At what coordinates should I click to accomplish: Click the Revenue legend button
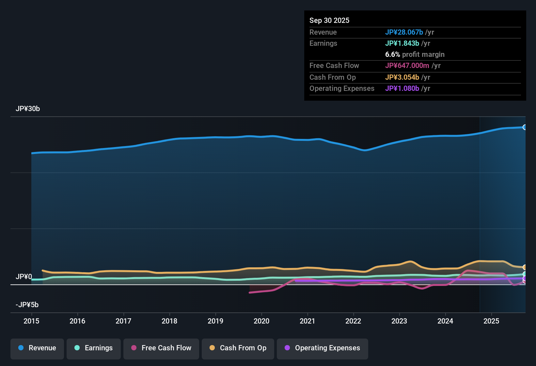pyautogui.click(x=37, y=348)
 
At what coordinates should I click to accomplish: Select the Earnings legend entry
pyautogui.click(x=94, y=348)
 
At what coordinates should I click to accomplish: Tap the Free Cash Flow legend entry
pyautogui.click(x=161, y=348)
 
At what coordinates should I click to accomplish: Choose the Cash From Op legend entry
pyautogui.click(x=238, y=348)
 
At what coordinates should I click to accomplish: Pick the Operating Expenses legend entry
pyautogui.click(x=323, y=348)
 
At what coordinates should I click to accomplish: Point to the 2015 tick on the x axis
pyautogui.click(x=31, y=321)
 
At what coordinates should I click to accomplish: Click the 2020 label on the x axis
pyautogui.click(x=261, y=321)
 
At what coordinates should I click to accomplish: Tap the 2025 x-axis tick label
pyautogui.click(x=491, y=321)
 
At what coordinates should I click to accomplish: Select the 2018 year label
pyautogui.click(x=169, y=321)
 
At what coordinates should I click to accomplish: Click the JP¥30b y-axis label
pyautogui.click(x=28, y=109)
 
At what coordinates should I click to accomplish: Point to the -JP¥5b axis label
pyautogui.click(x=27, y=305)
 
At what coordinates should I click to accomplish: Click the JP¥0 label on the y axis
pyautogui.click(x=24, y=277)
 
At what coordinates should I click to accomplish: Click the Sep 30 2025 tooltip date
pyautogui.click(x=329, y=20)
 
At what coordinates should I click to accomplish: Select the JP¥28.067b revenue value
pyautogui.click(x=404, y=32)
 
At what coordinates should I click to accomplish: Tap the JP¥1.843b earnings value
pyautogui.click(x=402, y=43)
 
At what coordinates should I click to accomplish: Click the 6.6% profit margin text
pyautogui.click(x=415, y=55)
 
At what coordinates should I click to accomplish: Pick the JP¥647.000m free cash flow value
pyautogui.click(x=407, y=65)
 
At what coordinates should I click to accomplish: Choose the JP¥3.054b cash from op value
pyautogui.click(x=402, y=77)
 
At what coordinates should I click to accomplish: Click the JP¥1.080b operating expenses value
pyautogui.click(x=402, y=88)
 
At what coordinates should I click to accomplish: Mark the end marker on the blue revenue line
pyautogui.click(x=525, y=127)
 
